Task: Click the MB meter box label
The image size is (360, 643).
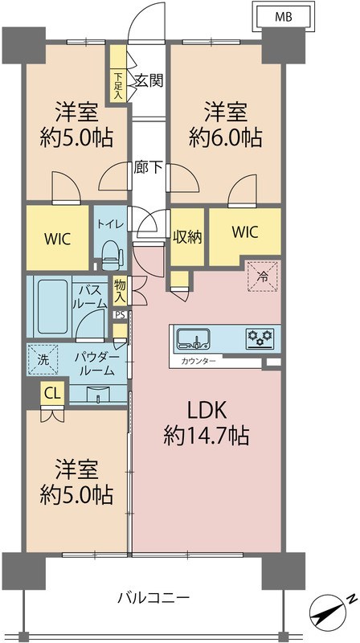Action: (284, 16)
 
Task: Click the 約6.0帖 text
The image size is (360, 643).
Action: (226, 137)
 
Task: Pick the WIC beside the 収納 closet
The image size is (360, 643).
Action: (245, 232)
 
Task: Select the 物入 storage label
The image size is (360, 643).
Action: (121, 289)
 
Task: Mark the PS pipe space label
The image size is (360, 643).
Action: (120, 314)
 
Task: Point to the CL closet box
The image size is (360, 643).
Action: (51, 394)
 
